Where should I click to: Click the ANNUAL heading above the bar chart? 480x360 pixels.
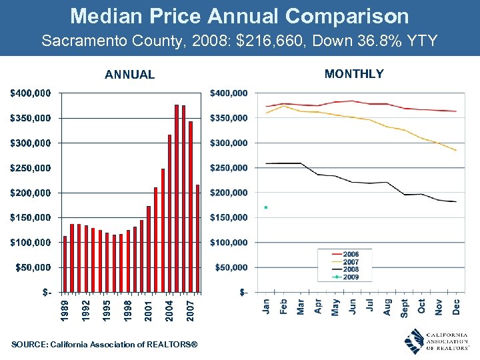pos(129,75)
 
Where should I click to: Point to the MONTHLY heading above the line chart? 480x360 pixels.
pos(354,74)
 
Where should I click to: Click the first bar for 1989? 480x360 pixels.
pos(65,264)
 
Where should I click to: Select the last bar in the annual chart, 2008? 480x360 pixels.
pos(198,238)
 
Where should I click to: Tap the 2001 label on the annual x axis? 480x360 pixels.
pos(148,310)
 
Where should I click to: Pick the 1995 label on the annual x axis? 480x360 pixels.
pos(106,310)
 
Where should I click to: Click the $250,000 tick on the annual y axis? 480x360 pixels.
pos(30,168)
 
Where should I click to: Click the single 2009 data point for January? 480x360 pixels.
pos(266,207)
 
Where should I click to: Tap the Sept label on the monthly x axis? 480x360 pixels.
pos(405,307)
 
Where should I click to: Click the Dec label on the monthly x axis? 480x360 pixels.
pos(457,307)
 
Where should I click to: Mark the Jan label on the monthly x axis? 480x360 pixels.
pos(266,307)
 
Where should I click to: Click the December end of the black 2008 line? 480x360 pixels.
pos(456,201)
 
